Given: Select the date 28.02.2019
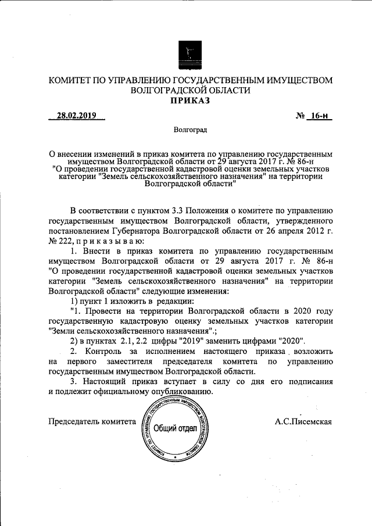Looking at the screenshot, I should [77, 116].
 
